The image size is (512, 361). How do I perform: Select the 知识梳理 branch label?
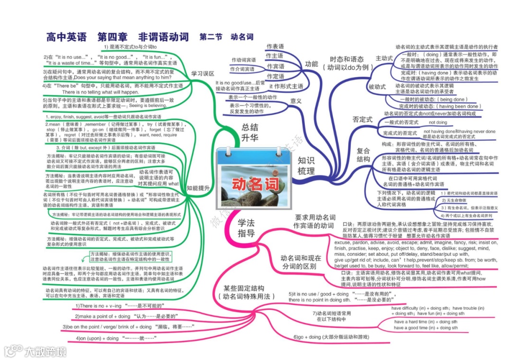coord(306,165)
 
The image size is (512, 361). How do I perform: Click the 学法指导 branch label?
coord(246,228)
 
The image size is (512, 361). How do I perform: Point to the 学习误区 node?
coord(203,74)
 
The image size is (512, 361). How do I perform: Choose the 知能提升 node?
coord(199,188)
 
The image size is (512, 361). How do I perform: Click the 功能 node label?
coord(311,64)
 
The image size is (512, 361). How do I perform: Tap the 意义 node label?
coord(296,101)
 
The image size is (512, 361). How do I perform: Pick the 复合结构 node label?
coord(364,154)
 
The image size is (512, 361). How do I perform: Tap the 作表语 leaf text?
coord(275,46)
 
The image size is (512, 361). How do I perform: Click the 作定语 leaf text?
coord(275,76)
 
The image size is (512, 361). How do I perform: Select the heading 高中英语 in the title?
coord(66,36)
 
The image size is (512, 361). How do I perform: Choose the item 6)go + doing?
coord(331,337)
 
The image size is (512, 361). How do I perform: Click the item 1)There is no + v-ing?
coord(119,306)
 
